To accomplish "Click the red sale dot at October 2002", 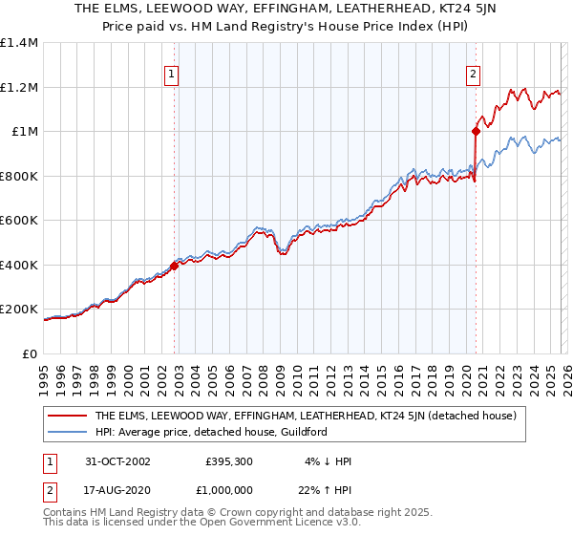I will [175, 266].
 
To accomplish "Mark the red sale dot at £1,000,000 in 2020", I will [476, 131].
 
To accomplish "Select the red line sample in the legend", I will [67, 416].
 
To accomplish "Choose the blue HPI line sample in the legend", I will [67, 432].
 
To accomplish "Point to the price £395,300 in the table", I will [227, 461].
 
